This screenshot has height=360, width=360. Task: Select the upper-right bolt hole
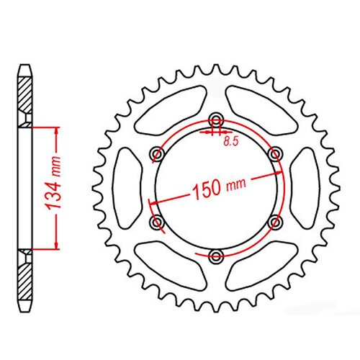(x=274, y=153)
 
